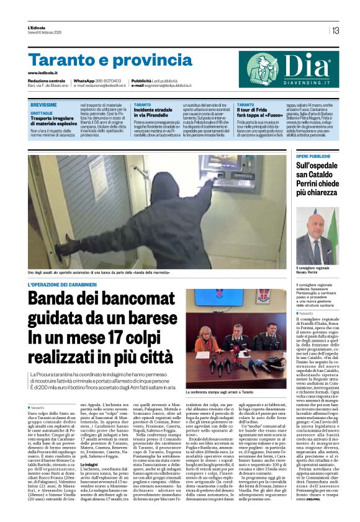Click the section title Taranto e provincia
point(92,60)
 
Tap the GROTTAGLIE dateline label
point(42,113)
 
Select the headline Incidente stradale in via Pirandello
point(157,113)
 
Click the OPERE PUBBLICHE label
point(313,156)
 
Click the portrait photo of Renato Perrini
point(317,235)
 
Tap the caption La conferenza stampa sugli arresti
point(227,374)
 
